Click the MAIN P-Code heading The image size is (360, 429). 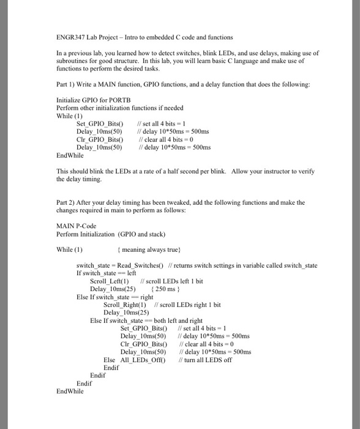pos(76,226)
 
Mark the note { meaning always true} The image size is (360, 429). pos(149,249)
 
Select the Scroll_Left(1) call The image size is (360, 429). pos(109,281)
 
